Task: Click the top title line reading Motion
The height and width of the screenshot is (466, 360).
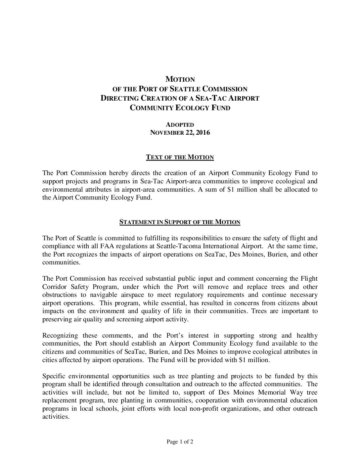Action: (x=180, y=79)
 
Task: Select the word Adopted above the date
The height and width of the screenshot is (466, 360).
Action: (x=180, y=125)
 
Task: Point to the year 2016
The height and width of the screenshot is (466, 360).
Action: (x=202, y=133)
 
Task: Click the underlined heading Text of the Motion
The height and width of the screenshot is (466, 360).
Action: (x=180, y=157)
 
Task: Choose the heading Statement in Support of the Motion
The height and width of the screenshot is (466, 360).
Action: (x=180, y=222)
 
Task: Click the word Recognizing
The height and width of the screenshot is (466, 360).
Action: (x=60, y=336)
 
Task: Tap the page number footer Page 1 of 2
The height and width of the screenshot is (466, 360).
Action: (x=180, y=442)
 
